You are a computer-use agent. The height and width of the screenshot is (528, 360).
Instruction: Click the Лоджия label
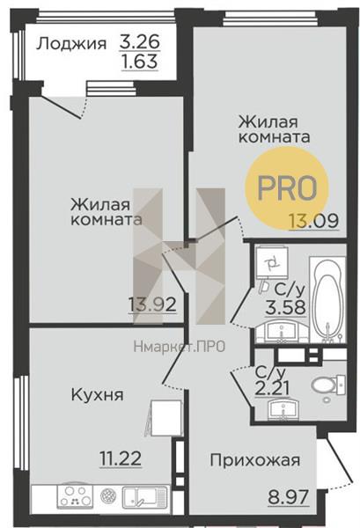coord(71,45)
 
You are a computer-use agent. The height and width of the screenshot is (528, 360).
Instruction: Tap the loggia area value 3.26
coord(139,42)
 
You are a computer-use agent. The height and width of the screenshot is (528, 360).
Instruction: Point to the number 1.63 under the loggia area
coord(140,62)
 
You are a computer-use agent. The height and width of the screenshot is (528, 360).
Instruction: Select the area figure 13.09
coord(313,221)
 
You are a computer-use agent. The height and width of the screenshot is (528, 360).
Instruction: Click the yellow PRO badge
coord(287,187)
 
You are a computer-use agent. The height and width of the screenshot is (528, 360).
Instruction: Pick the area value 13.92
coord(152,304)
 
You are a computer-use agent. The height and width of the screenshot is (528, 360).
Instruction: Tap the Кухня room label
coord(98,394)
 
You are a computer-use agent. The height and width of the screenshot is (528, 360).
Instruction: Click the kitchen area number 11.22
coord(121,458)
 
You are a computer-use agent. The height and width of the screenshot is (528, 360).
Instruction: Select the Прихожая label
coord(255,460)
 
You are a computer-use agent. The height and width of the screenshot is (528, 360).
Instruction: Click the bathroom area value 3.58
coord(286,307)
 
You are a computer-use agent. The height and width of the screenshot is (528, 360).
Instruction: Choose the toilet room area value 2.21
coord(273,390)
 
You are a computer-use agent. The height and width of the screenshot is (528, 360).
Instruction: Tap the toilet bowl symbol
coord(329,385)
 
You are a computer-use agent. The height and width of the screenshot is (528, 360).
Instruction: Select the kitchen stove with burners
coord(75,496)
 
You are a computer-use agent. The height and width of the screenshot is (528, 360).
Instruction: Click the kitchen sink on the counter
coord(145,497)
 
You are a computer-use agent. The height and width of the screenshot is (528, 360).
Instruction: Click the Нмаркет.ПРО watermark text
coord(180,346)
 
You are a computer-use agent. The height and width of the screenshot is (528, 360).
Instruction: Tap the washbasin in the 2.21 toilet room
coord(284,409)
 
